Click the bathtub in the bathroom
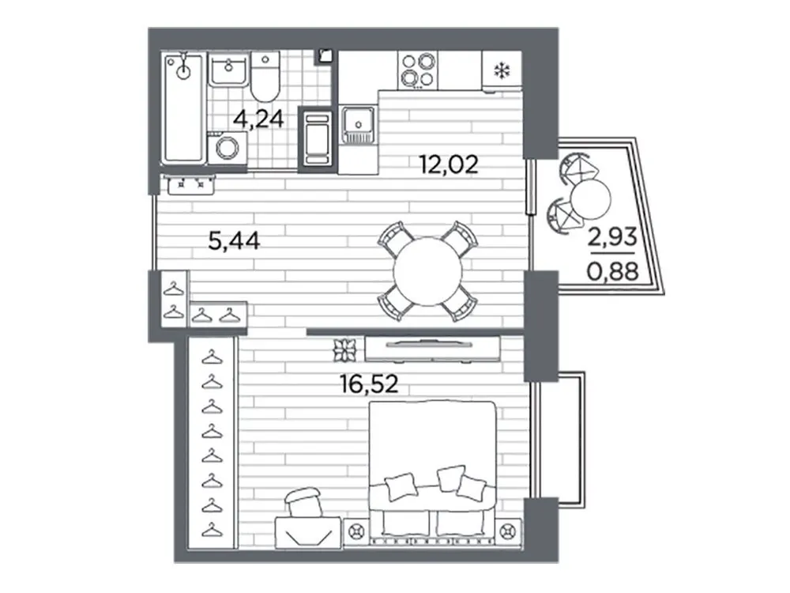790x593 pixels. click(184, 111)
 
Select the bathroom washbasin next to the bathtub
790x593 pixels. click(228, 72)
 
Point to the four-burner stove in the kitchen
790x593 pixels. click(416, 69)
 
